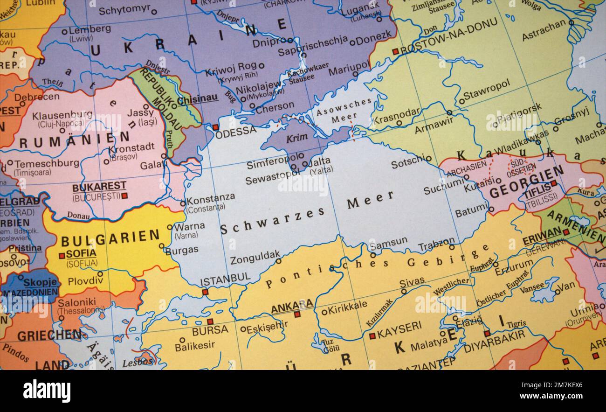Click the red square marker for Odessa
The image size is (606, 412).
click(x=215, y=127)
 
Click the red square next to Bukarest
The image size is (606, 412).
click(x=124, y=196)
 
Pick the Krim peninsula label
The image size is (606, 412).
click(x=294, y=139)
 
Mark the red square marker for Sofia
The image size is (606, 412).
click(x=62, y=256)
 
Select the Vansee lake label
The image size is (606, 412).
click(x=532, y=287)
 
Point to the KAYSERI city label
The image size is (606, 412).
click(x=399, y=328)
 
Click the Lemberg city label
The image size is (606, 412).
click(x=90, y=29)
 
